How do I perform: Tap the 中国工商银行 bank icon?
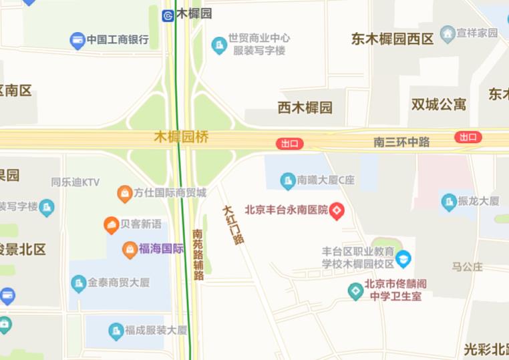click(x=77, y=40)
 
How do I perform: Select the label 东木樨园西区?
click(x=392, y=39)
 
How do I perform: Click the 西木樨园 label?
click(x=305, y=107)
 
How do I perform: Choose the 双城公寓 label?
click(x=438, y=104)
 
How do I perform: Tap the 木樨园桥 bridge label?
click(x=181, y=137)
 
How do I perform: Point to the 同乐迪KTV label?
click(x=75, y=182)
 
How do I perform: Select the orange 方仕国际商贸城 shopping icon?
click(x=124, y=194)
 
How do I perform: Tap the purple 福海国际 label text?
click(x=161, y=249)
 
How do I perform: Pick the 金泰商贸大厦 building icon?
click(x=79, y=283)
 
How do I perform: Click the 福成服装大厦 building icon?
click(x=116, y=331)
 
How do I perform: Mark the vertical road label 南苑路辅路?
click(x=198, y=254)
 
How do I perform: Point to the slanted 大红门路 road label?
click(x=233, y=224)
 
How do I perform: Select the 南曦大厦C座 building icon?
click(x=287, y=180)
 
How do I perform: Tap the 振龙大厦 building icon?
click(x=449, y=201)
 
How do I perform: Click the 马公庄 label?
click(x=467, y=266)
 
